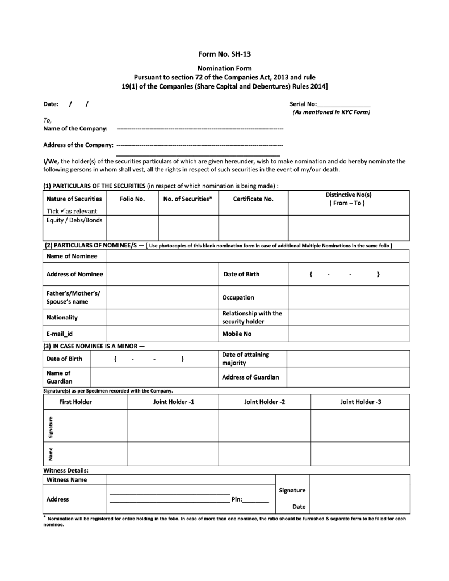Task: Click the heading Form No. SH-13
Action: click(224, 54)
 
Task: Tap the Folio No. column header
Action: click(132, 199)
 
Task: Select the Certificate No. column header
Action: click(253, 199)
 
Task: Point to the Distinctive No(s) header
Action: click(349, 199)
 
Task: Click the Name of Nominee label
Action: click(72, 256)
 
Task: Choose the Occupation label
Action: click(238, 297)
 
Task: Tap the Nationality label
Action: click(62, 318)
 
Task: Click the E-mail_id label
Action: click(60, 334)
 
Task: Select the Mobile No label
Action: click(237, 334)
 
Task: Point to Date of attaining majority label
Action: click(245, 359)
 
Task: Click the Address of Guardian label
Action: click(250, 377)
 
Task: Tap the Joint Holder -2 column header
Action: click(265, 402)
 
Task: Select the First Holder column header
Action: click(75, 402)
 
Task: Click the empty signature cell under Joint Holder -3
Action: click(360, 426)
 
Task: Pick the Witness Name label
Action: click(67, 480)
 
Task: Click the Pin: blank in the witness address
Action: click(257, 501)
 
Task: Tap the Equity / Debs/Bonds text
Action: click(74, 220)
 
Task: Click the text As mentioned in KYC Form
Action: click(331, 112)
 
